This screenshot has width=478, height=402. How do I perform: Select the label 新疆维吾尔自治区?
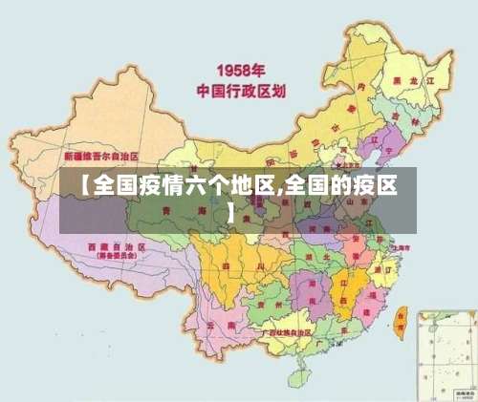(101, 155)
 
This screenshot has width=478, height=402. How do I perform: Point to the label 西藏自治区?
(115, 246)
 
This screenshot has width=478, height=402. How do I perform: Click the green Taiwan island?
(401, 325)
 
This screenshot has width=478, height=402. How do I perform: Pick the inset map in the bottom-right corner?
(445, 353)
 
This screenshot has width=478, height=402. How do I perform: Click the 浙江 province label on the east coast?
(381, 270)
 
